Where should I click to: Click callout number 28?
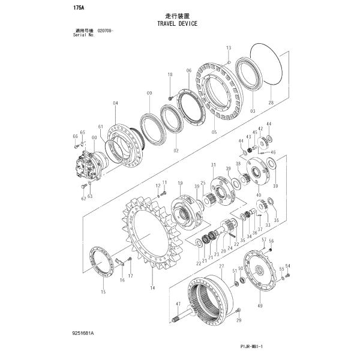tap(270, 104)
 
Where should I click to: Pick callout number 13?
tap(229, 47)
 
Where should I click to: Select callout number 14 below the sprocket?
tap(152, 289)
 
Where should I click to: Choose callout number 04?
tap(115, 103)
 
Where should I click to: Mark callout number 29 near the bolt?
tap(238, 321)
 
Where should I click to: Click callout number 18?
tap(169, 74)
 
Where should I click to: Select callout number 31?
tap(212, 165)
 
